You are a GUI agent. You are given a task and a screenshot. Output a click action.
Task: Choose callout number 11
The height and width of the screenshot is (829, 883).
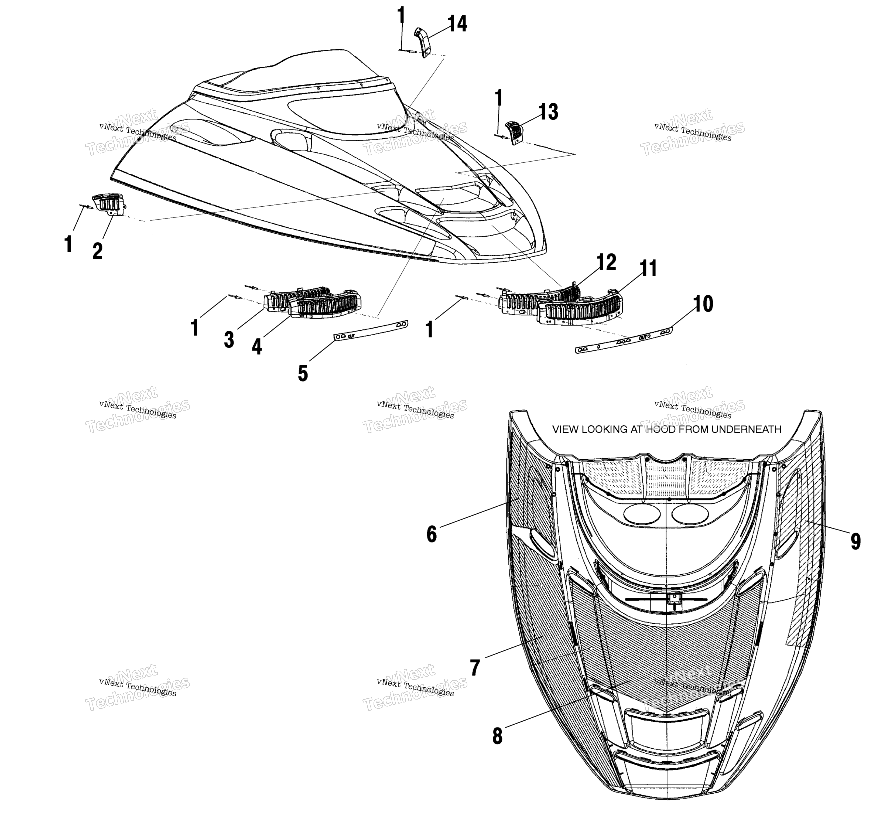[x=648, y=268]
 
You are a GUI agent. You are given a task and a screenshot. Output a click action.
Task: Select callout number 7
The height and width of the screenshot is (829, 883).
[x=475, y=668]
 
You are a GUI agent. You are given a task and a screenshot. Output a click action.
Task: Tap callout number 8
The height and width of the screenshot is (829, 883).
[x=498, y=736]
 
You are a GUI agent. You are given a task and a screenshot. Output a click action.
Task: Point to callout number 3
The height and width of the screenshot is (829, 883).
[x=229, y=340]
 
